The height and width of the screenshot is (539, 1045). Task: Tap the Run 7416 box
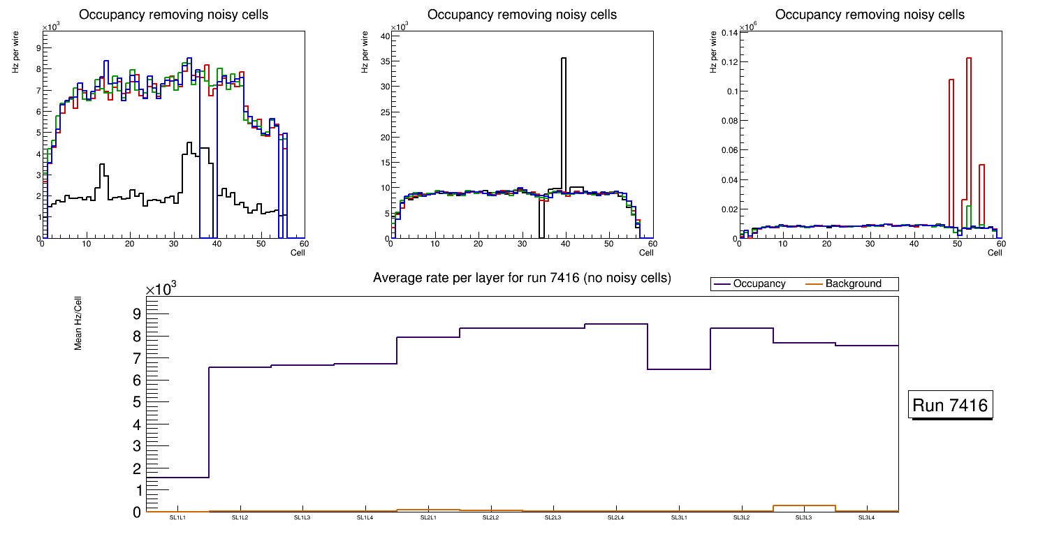[950, 406]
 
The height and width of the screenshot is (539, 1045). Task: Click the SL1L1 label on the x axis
[177, 518]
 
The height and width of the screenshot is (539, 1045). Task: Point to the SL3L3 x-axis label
[804, 518]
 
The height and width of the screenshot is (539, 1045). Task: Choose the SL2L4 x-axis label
[615, 518]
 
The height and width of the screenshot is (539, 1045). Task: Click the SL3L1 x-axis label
[678, 518]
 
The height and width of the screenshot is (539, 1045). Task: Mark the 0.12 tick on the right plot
[727, 62]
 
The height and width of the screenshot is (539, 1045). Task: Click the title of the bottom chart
[522, 278]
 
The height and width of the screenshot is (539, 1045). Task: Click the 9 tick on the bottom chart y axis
[136, 313]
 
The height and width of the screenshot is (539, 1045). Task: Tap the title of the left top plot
[173, 15]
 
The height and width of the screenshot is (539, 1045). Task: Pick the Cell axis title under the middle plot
[646, 252]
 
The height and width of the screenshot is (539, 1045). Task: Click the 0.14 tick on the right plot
[727, 33]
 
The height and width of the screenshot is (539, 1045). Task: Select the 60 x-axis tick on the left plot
[304, 244]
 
